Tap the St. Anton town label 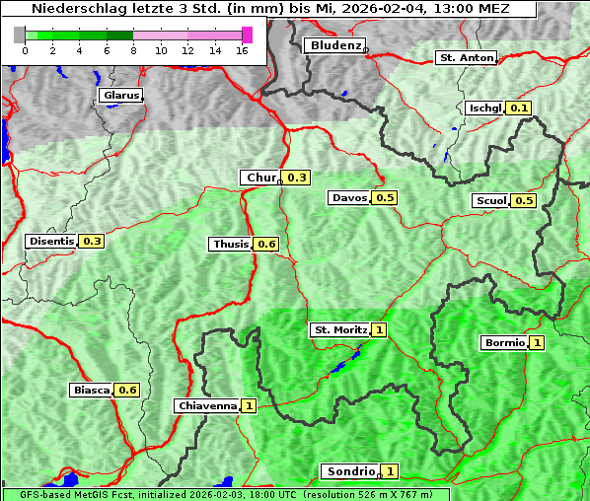pos(465,58)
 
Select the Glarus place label pos(120,96)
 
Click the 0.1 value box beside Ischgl pos(520,107)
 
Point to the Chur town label pos(260,178)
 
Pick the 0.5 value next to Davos pos(385,197)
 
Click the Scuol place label pos(490,201)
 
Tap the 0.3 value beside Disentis pos(93,241)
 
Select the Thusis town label pos(231,244)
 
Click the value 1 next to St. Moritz pos(380,329)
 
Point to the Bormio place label pos(504,343)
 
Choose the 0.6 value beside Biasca pos(127,390)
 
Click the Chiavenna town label pos(207,405)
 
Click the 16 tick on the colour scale pos(242,50)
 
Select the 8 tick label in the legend pos(133,50)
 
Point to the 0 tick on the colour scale pos(25,50)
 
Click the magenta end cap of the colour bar pos(247,35)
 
